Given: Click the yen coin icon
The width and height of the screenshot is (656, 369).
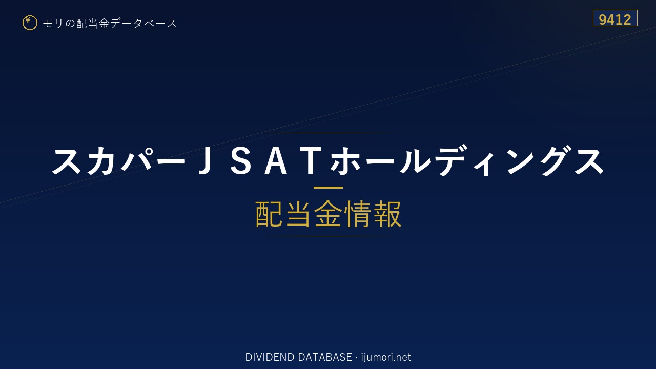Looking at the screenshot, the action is (30, 23).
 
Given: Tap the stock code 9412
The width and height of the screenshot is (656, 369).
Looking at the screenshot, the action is (614, 19).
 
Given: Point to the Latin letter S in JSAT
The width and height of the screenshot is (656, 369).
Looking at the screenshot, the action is (240, 161).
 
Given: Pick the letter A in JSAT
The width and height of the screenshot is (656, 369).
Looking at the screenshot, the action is (276, 161).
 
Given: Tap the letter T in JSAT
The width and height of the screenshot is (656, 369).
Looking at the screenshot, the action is (313, 161).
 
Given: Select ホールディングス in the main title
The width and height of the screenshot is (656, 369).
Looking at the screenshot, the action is (467, 161).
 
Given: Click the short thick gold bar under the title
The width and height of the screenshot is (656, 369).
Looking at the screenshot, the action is (328, 188).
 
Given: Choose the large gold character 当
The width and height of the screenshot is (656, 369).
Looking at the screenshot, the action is (298, 214).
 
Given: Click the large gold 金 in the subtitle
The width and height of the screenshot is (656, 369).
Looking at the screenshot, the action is (328, 214).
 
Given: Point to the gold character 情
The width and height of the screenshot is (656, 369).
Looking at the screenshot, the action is (357, 214).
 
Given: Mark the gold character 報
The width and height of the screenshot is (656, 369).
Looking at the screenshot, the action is (387, 214).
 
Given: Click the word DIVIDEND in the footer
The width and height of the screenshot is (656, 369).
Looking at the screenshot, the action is (270, 357).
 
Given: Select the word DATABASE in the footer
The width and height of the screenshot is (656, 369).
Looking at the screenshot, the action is (325, 357).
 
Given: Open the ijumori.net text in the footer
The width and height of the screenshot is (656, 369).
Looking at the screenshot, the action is (386, 358).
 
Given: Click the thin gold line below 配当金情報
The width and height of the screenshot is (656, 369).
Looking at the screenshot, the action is (328, 236).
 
